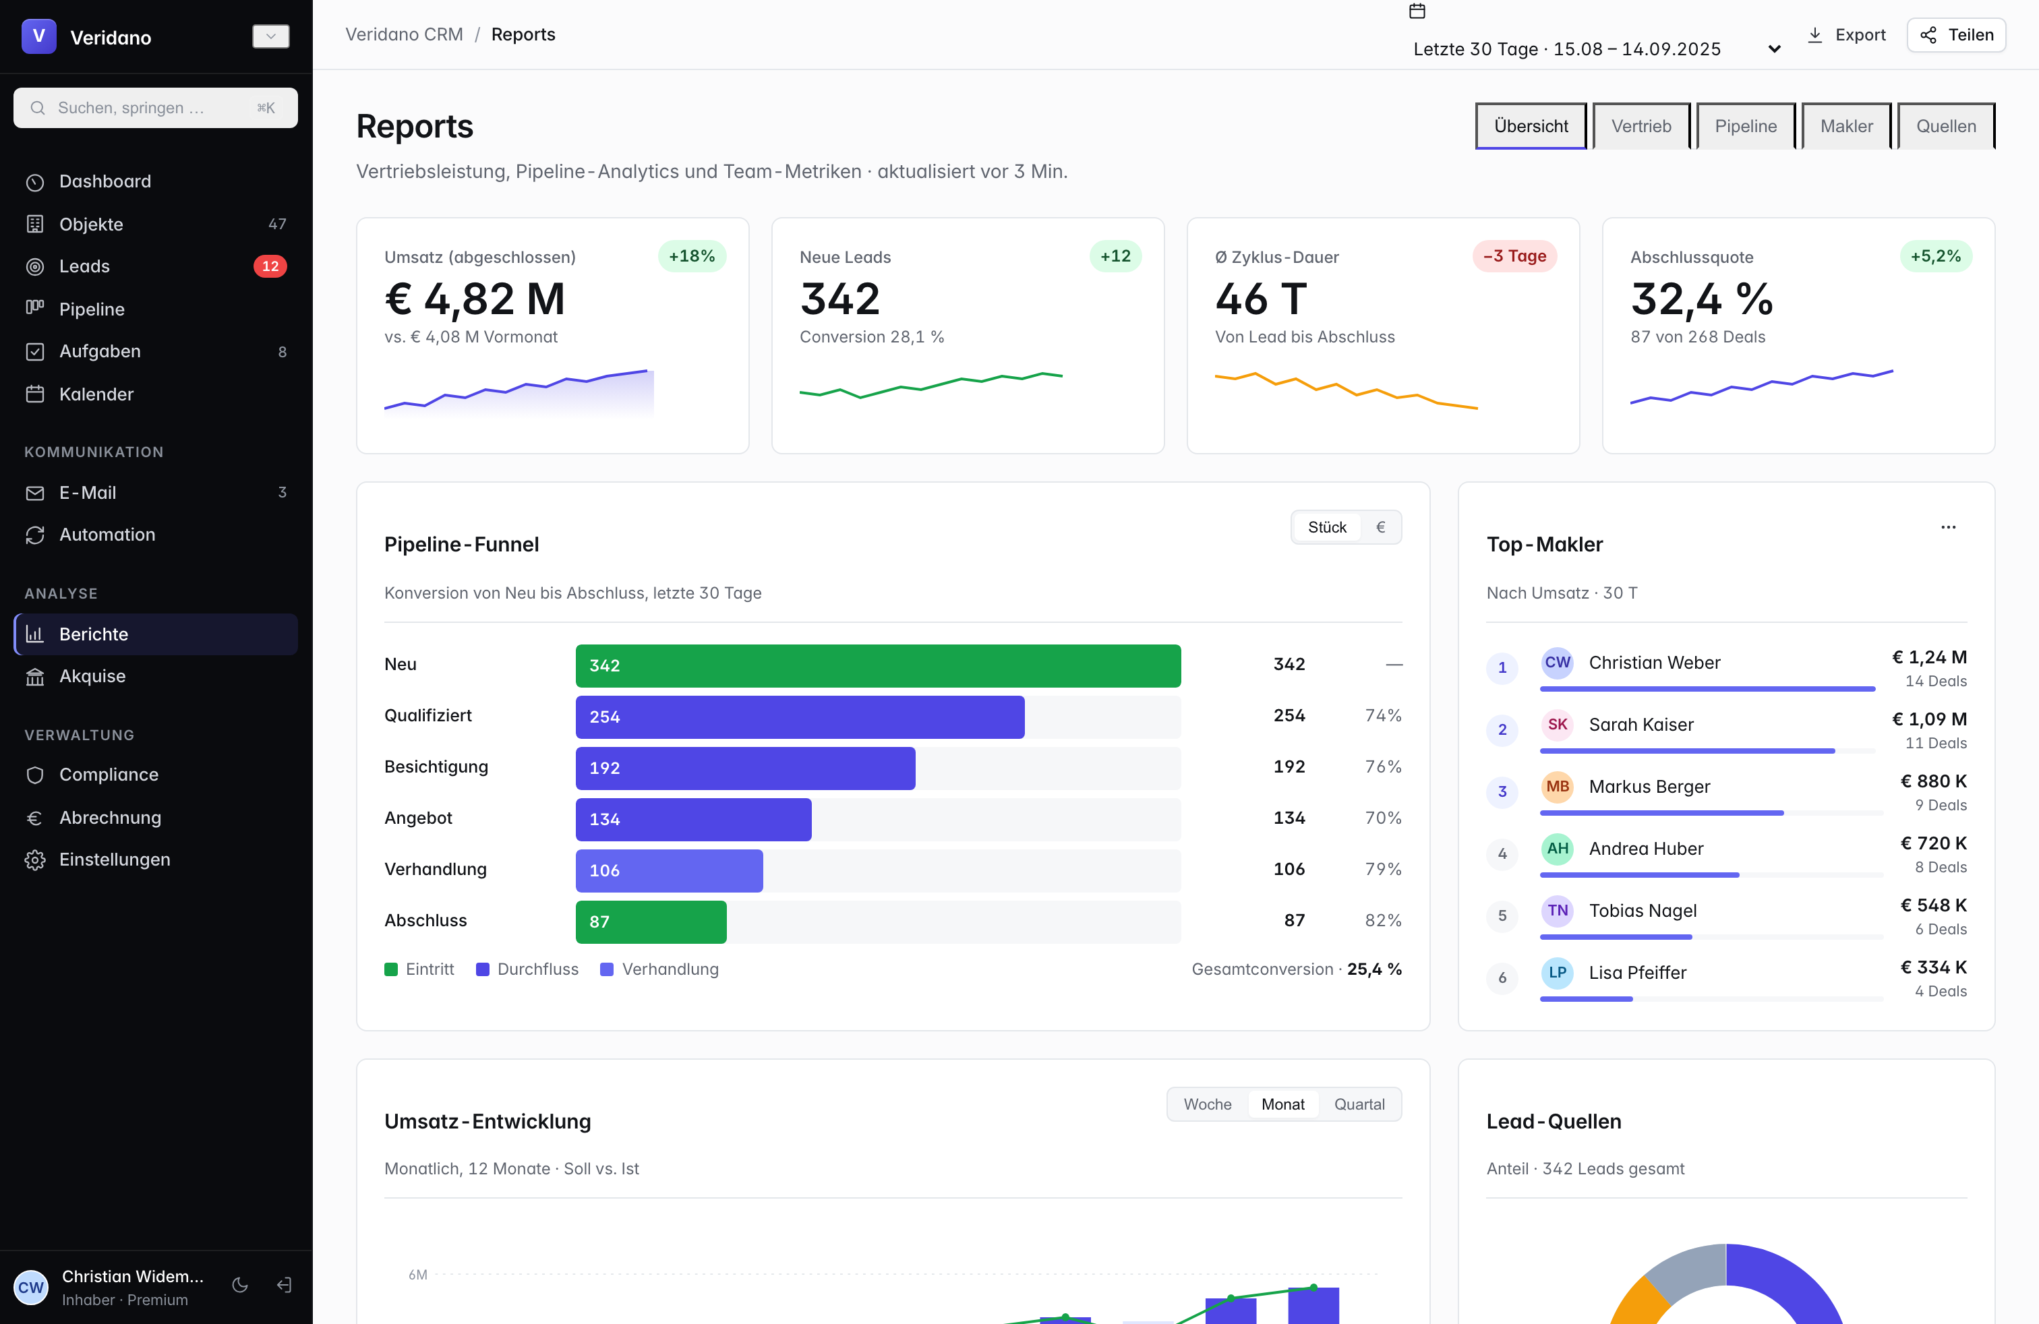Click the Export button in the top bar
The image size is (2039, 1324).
coord(1846,35)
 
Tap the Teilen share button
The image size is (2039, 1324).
coord(1956,35)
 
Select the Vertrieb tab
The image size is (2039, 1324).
coord(1641,126)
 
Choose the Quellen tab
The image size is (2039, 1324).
coord(1946,126)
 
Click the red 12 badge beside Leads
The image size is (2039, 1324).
coord(270,266)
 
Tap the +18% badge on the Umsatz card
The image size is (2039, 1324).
coord(691,256)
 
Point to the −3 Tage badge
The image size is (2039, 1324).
coord(1514,256)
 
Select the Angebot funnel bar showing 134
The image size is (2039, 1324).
coord(693,818)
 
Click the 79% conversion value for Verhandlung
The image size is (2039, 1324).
coord(1383,869)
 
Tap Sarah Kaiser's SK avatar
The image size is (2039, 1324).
coord(1557,725)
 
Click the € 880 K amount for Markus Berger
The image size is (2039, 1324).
coord(1932,781)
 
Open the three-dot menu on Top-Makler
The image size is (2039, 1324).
coord(1948,528)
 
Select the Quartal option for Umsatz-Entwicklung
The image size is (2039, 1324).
coord(1359,1105)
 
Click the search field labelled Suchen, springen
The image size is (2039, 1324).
coord(155,108)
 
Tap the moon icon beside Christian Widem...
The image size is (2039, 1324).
coord(240,1286)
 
